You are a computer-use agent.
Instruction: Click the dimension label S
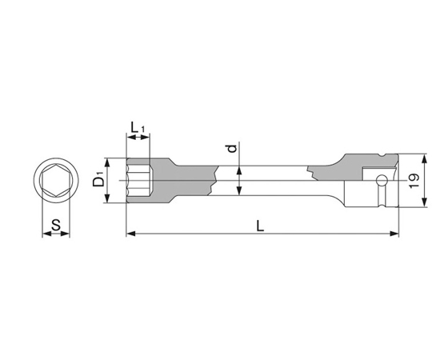tap(56, 225)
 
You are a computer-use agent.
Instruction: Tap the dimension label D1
tap(98, 178)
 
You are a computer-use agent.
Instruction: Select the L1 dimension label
tap(138, 128)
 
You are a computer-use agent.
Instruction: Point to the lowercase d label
tap(233, 148)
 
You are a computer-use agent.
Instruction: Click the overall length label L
tap(260, 226)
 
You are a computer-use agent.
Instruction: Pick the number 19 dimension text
tap(414, 181)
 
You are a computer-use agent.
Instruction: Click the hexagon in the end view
tap(56, 181)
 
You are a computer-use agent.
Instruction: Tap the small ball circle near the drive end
tap(382, 180)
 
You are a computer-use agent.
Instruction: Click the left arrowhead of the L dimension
tap(131, 234)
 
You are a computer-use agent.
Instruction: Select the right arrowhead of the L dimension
tap(394, 234)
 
